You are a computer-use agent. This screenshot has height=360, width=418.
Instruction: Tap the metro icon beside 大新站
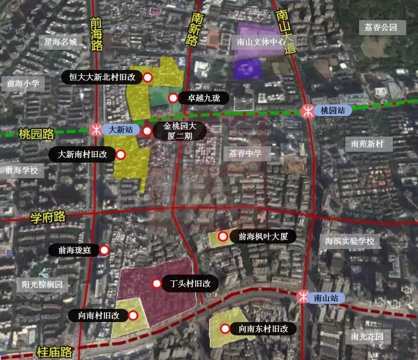(x=97, y=129)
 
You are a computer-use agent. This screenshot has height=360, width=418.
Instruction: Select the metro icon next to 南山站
(x=303, y=298)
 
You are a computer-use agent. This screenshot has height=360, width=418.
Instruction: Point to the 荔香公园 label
(x=381, y=27)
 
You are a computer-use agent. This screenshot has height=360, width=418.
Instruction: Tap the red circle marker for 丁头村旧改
(x=157, y=284)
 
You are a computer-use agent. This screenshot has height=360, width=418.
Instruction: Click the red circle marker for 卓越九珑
(x=173, y=98)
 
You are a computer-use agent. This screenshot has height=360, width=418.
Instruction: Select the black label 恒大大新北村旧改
(x=102, y=77)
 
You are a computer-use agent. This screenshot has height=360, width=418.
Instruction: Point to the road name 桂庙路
(x=54, y=352)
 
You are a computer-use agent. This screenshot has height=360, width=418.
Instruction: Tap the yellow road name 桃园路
(x=36, y=134)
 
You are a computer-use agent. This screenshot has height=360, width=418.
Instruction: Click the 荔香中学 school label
(x=246, y=154)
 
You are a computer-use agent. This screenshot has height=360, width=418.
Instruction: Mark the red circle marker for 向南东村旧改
(x=225, y=328)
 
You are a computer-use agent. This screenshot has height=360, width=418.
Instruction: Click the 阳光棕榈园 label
(x=42, y=285)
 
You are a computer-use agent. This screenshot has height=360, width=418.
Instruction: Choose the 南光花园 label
(x=367, y=337)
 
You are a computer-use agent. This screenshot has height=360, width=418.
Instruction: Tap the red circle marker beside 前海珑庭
(x=104, y=250)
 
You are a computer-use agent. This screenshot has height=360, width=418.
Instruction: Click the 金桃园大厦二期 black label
(x=179, y=131)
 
